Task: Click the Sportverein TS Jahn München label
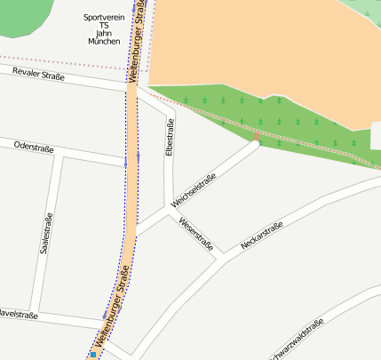pyautogui.click(x=104, y=29)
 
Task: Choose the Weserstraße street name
pyautogui.click(x=196, y=234)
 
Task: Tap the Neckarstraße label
pyautogui.click(x=261, y=236)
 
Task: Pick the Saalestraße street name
pyautogui.click(x=46, y=234)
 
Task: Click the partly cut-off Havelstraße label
pyautogui.click(x=18, y=314)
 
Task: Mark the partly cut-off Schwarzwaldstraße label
pyautogui.click(x=302, y=341)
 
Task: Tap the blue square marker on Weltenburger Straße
pyautogui.click(x=91, y=355)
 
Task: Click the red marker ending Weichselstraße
pyautogui.click(x=257, y=138)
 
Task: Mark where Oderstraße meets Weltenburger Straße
pyautogui.click(x=130, y=161)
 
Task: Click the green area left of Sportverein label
pyautogui.click(x=27, y=18)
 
